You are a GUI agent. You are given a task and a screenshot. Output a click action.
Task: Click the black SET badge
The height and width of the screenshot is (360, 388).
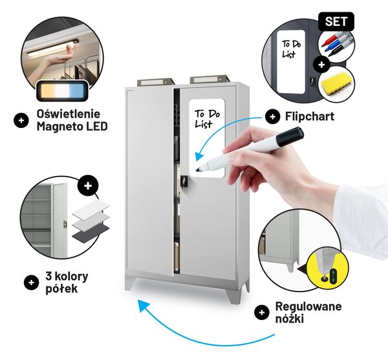pos(336,21)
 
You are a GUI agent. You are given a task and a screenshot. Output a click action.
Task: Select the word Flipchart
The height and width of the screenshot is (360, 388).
pos(310,116)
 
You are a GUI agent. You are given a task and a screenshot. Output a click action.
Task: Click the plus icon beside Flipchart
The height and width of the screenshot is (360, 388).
pos(272,116)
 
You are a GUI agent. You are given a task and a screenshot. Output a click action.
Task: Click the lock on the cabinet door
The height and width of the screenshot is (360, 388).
pos(184,181)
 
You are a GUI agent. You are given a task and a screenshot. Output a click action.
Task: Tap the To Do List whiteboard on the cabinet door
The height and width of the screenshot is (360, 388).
pos(207,138)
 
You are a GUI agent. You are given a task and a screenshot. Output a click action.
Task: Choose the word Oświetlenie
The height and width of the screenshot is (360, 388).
pos(69,114)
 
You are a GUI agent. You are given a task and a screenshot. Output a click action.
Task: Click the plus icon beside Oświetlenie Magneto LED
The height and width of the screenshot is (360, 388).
pos(21,120)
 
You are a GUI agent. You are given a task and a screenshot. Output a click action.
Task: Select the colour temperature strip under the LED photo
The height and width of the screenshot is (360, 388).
pos(62,90)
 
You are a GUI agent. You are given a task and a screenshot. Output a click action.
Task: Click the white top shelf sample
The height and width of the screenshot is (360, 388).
pos(91,208)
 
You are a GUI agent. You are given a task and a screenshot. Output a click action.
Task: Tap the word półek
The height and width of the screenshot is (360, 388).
pos(61,288)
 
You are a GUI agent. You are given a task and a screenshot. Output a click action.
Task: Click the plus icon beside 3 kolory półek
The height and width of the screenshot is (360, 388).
pos(32,282)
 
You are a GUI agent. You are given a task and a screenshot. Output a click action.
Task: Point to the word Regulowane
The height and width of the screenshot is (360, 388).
pos(308,306)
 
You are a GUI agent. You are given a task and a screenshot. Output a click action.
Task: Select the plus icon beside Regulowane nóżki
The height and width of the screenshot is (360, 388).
pos(261,313)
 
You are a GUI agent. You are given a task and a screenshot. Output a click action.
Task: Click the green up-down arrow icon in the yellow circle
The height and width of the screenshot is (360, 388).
pos(333,275)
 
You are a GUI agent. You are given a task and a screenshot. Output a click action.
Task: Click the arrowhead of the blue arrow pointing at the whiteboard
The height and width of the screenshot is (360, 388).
pos(199,156)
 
